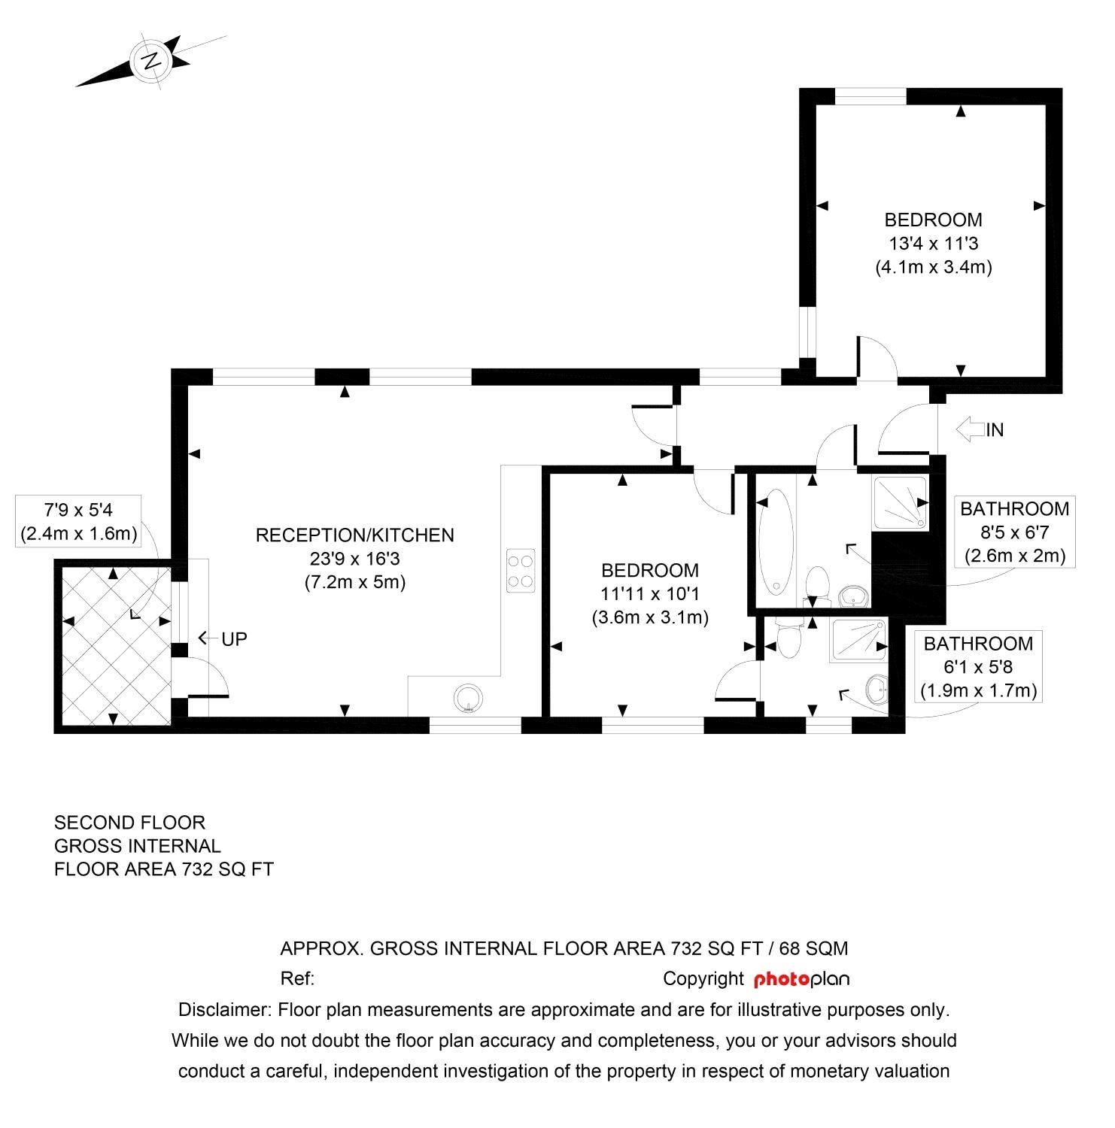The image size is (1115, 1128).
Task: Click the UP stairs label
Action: (x=234, y=639)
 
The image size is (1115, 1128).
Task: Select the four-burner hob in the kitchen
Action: (x=521, y=571)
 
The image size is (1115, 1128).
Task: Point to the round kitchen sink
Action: (x=468, y=699)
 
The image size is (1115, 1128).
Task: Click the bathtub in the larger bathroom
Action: (x=776, y=541)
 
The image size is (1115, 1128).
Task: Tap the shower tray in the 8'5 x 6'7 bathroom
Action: (x=900, y=502)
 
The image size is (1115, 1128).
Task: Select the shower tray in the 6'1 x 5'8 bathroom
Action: (x=858, y=640)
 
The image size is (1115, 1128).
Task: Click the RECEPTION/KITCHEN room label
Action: (x=354, y=535)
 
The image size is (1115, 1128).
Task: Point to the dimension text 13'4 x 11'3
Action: (x=933, y=244)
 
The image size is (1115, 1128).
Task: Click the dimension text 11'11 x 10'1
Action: (x=650, y=594)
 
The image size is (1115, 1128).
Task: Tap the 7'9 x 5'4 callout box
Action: (x=78, y=521)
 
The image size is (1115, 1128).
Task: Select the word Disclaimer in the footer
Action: (x=223, y=1009)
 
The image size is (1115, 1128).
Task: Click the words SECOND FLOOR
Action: (x=129, y=823)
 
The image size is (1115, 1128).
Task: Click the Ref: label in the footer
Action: (x=297, y=979)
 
